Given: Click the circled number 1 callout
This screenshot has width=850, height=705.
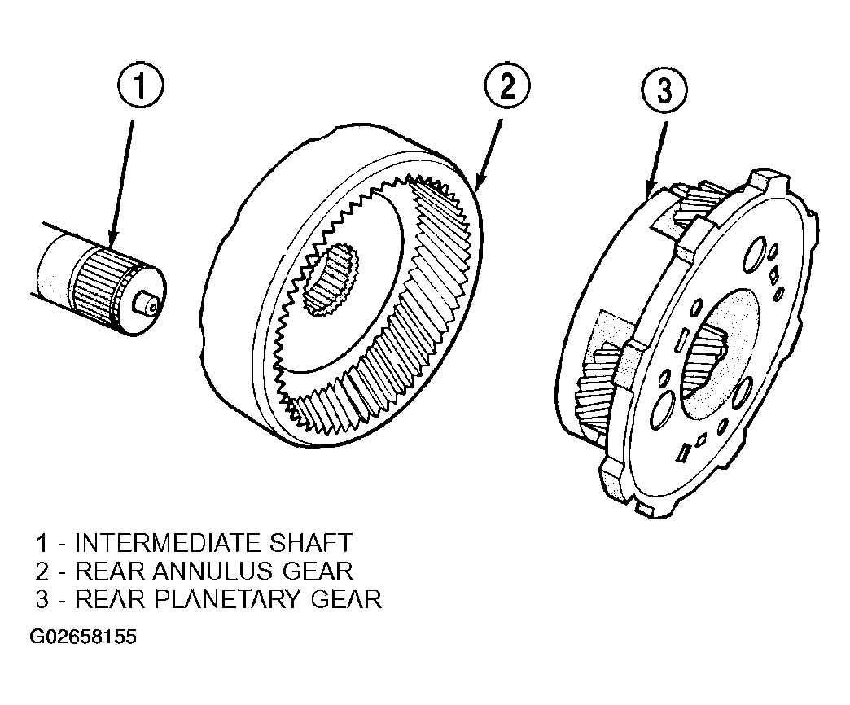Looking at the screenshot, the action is pyautogui.click(x=140, y=87).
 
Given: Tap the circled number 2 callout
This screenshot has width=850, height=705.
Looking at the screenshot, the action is pyautogui.click(x=507, y=87).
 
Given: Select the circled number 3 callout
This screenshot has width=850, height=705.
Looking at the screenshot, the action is pyautogui.click(x=664, y=90).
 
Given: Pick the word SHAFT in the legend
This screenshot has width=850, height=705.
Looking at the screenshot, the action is pyautogui.click(x=310, y=543).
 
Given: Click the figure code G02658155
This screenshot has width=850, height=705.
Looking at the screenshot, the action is pyautogui.click(x=83, y=637).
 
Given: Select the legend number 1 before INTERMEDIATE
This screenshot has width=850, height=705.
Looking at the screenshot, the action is pyautogui.click(x=42, y=543).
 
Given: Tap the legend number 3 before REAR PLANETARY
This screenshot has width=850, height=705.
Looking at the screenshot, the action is pyautogui.click(x=42, y=599).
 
